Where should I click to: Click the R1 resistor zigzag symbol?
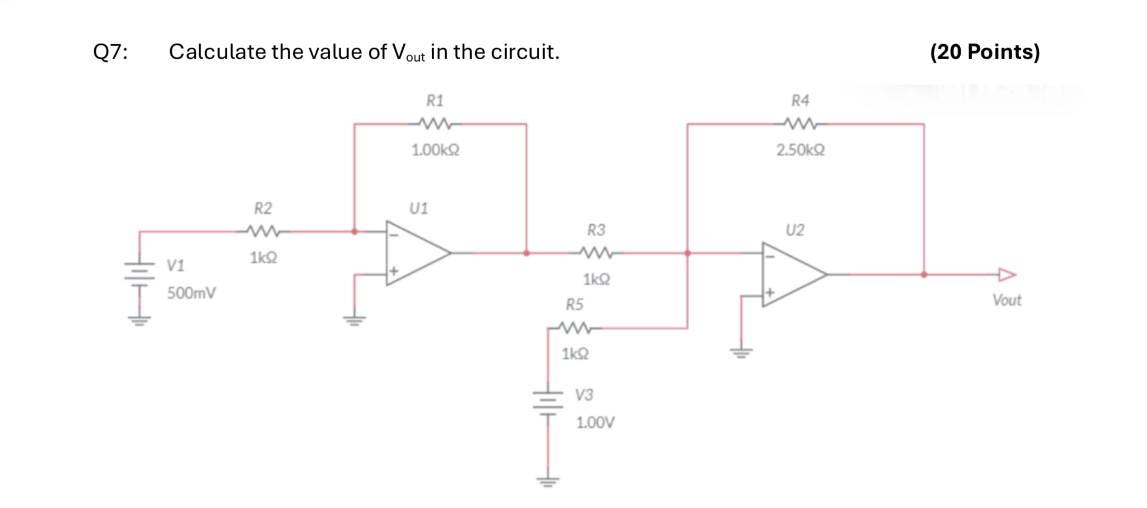coord(435,124)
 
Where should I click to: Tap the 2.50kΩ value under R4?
coord(800,150)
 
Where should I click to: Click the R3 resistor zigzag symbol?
coord(596,253)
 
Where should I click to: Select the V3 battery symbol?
coord(548,402)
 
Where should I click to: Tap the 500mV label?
coord(191,293)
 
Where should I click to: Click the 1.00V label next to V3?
coord(595,423)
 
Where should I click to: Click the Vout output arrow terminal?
coord(1006,275)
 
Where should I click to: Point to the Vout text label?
coord(1006,301)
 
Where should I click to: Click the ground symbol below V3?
coord(548,481)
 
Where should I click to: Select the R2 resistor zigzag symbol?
coord(263,232)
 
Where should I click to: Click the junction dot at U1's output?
coord(527,253)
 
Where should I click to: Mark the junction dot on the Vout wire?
coord(923,275)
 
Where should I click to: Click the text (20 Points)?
coord(984,52)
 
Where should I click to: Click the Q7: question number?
coord(110,52)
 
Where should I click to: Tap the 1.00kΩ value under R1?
coord(435,150)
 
